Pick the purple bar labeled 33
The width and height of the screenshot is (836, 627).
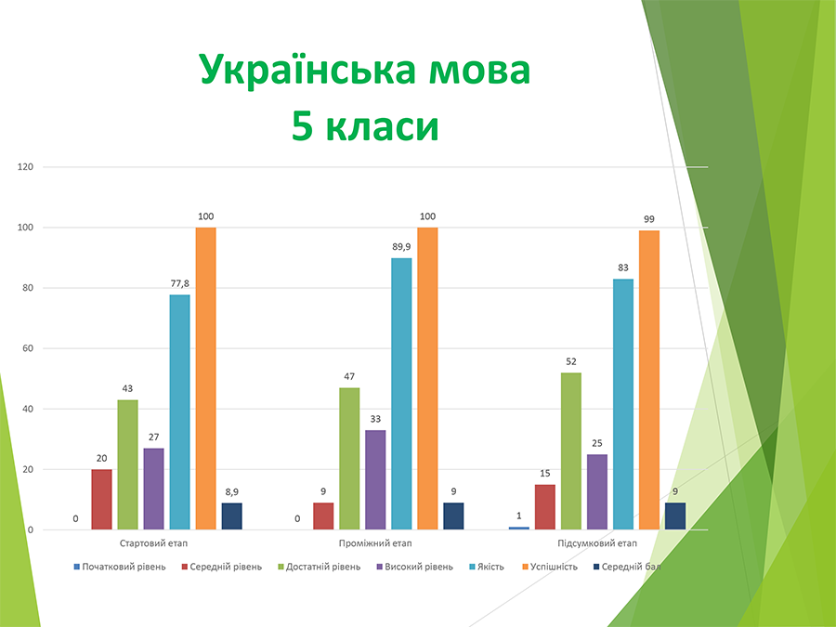coord(375,479)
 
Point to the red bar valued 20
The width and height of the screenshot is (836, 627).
coord(101,499)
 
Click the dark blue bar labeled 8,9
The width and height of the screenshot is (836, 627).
coord(231,516)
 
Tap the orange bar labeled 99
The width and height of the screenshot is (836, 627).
coord(648,380)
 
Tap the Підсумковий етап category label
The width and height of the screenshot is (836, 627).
coord(597,543)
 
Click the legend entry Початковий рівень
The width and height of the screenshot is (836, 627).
coord(124,566)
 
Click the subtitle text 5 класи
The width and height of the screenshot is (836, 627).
coord(365,126)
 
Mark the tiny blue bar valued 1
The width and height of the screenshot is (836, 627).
coord(519,528)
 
